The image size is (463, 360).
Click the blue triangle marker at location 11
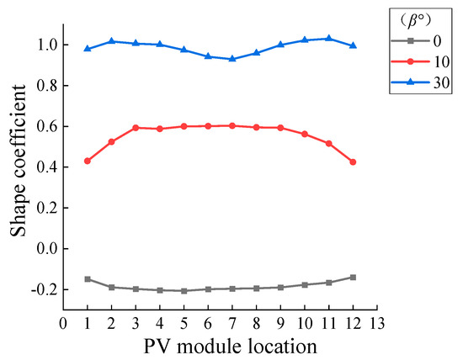tap(328, 38)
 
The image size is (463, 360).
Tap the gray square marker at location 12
tap(353, 277)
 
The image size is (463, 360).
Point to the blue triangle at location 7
tap(232, 58)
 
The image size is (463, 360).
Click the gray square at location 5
tap(184, 291)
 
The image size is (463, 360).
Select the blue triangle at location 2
tap(111, 40)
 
